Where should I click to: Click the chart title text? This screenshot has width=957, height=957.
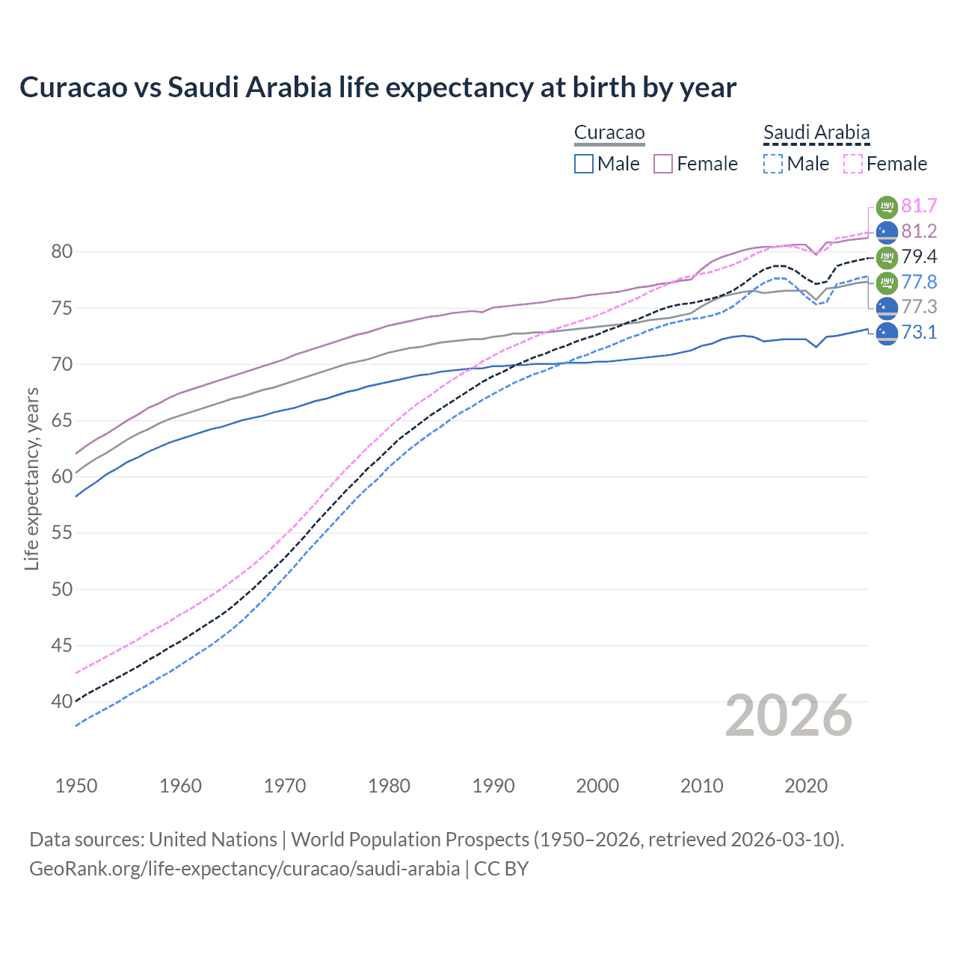point(378,87)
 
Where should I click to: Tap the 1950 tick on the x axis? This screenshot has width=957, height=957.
point(76,786)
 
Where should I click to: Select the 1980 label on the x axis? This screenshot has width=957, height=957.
point(389,786)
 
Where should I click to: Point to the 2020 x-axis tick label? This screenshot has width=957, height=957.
point(806,786)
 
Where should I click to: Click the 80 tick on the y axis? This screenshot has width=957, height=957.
point(62,252)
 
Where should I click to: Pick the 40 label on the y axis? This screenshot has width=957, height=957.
point(62,701)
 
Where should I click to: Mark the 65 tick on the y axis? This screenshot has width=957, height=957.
point(62,421)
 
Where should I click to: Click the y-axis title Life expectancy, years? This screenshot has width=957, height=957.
point(31,478)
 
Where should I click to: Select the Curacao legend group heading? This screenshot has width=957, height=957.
point(609,133)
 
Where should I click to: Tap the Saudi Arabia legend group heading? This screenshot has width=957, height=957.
point(816,133)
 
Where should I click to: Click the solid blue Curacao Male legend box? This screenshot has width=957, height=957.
point(584,164)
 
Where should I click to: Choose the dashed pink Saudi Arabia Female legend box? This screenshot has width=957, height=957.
point(853,164)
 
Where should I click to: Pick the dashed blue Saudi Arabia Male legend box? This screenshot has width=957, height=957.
point(773,164)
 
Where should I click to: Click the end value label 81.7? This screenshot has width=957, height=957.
point(919,206)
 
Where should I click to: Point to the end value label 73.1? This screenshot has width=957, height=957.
point(919,332)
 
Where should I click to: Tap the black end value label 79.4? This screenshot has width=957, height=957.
point(919,256)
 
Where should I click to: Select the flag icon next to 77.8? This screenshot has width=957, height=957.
point(887,282)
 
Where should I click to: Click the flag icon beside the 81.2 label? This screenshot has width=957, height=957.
point(887,232)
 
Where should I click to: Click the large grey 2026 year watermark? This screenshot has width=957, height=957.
point(789,716)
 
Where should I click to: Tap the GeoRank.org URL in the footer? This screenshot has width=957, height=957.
point(244,869)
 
